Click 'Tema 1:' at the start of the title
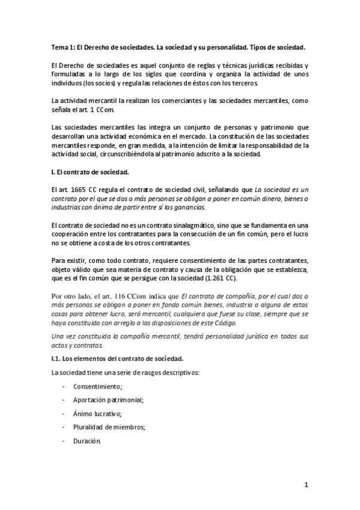coord(64,46)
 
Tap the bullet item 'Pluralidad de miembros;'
coord(110,427)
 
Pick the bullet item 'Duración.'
coord(88,440)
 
